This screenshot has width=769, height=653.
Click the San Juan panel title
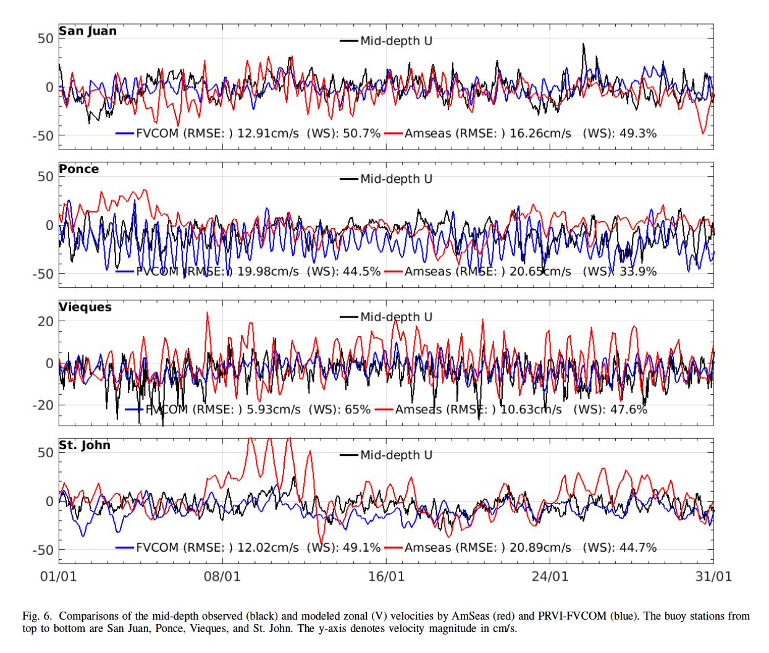[x=87, y=31]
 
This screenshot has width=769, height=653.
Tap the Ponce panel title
[x=78, y=169]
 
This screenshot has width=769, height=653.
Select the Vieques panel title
[x=85, y=307]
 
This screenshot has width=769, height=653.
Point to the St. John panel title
[x=85, y=445]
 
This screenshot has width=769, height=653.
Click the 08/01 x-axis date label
[x=222, y=577]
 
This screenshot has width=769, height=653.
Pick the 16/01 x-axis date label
[x=386, y=577]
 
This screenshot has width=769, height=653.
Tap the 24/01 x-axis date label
[x=550, y=577]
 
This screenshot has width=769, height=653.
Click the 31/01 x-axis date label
[x=713, y=577]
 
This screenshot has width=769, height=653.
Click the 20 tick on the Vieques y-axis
[x=46, y=321]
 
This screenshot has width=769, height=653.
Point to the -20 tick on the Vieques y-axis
[x=43, y=405]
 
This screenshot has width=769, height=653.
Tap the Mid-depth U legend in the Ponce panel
[x=396, y=179]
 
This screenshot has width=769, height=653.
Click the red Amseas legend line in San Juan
[x=393, y=133]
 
